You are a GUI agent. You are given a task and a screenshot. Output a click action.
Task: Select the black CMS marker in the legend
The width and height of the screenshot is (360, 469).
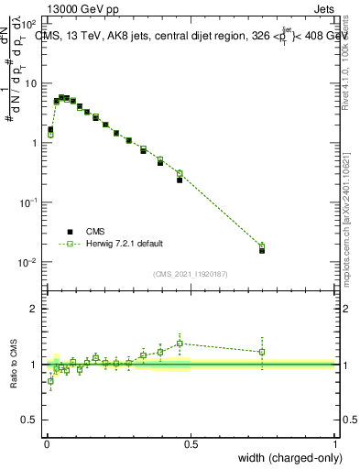pos(70,232)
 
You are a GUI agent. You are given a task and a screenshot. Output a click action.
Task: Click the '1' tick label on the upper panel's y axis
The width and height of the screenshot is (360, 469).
pos(34,144)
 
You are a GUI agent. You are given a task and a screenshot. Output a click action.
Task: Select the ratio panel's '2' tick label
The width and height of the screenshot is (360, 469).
pos(34,309)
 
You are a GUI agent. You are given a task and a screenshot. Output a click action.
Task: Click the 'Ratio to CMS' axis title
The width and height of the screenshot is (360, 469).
pos(13,364)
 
